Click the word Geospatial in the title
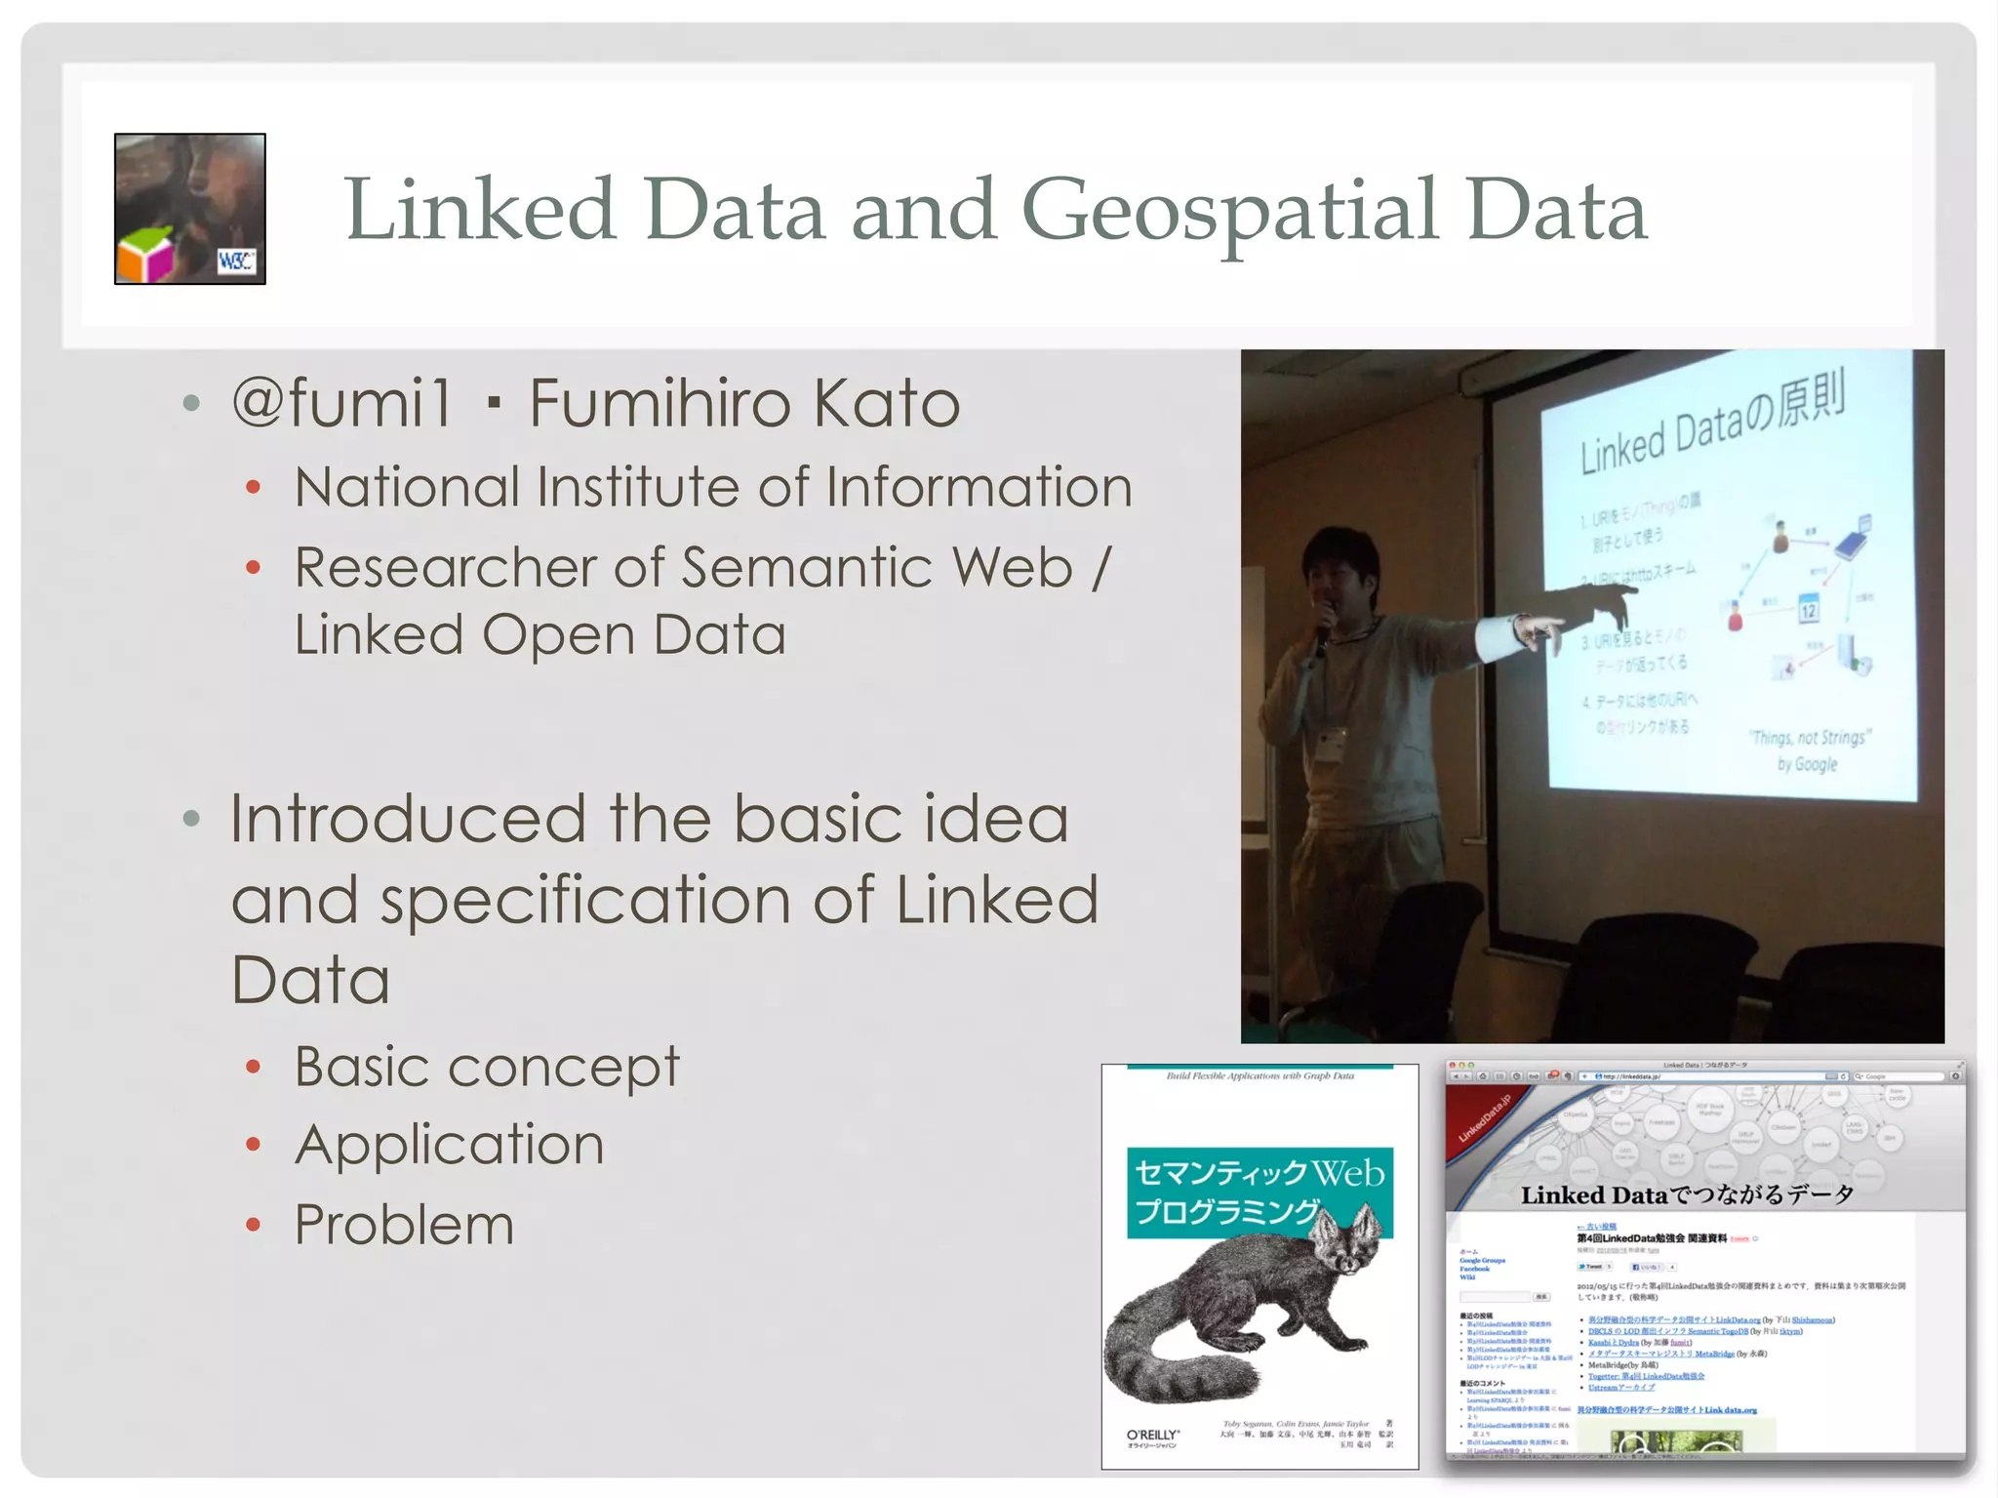pyautogui.click(x=1229, y=211)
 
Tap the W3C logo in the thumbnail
pyautogui.click(x=236, y=261)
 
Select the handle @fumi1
pyautogui.click(x=342, y=402)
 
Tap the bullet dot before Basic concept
pyautogui.click(x=254, y=1067)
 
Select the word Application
pyautogui.click(x=450, y=1144)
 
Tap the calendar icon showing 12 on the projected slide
pyautogui.click(x=1808, y=609)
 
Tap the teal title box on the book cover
pyautogui.click(x=1259, y=1192)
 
